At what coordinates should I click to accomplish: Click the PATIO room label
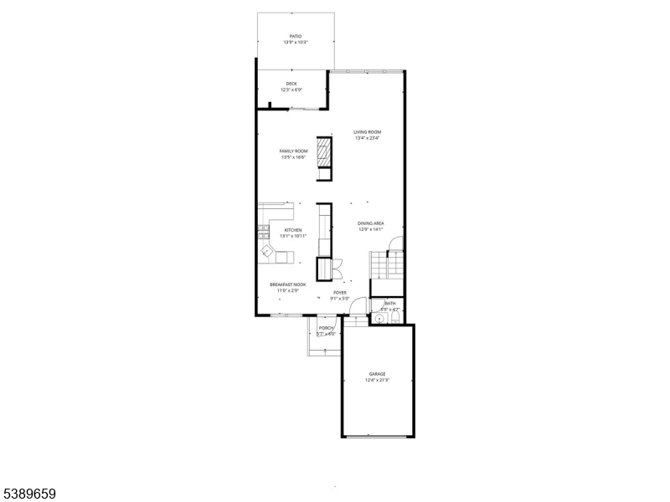click(x=295, y=36)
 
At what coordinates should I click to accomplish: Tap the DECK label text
click(x=291, y=84)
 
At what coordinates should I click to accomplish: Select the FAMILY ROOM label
click(x=293, y=151)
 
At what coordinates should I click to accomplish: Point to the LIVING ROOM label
click(x=367, y=132)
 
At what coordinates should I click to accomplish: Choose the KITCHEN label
click(x=293, y=230)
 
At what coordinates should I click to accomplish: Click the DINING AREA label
click(x=370, y=223)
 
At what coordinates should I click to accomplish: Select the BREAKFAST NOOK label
click(x=287, y=284)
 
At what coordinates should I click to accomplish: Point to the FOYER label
click(x=339, y=293)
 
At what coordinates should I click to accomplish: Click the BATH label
click(x=390, y=304)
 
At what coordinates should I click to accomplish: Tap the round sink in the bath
click(x=379, y=319)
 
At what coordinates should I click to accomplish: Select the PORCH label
click(x=326, y=328)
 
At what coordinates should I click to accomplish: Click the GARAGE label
click(x=377, y=374)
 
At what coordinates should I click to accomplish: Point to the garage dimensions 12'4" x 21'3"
click(x=377, y=380)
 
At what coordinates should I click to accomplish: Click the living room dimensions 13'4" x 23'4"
click(x=367, y=138)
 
